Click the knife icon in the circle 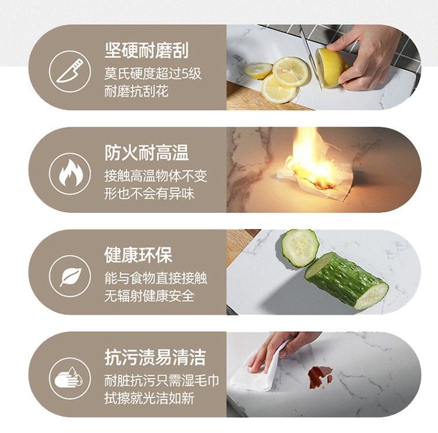(x=70, y=71)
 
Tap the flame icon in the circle (x=71, y=173)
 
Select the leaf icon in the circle (x=71, y=277)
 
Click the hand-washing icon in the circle (x=69, y=377)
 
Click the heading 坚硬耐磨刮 (x=147, y=50)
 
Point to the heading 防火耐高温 (x=147, y=153)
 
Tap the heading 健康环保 (x=138, y=255)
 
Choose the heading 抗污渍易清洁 (x=155, y=357)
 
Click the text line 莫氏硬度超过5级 (x=153, y=74)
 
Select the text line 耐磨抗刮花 (x=136, y=91)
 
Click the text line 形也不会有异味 (x=149, y=193)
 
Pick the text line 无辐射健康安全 (x=149, y=296)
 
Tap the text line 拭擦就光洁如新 (x=149, y=398)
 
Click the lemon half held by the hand (x=331, y=68)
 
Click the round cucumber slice (x=300, y=248)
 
